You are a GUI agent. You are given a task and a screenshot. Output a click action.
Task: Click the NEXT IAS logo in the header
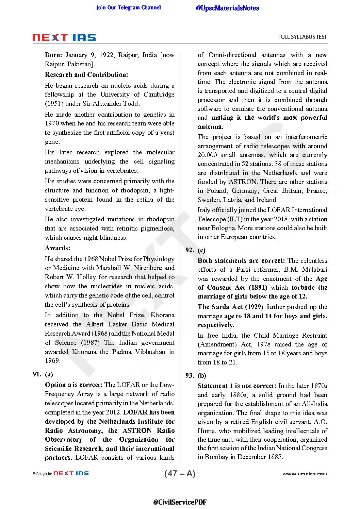pos(64,37)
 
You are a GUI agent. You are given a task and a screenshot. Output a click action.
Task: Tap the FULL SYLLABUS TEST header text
pos(302,37)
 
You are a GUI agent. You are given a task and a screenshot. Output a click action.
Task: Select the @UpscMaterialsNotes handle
pos(227,8)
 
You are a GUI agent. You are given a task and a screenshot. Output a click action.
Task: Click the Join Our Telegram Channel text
pos(129,7)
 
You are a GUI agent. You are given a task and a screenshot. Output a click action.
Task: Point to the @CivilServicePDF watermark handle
pos(180,502)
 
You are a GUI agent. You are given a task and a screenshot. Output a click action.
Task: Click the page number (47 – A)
pos(180,473)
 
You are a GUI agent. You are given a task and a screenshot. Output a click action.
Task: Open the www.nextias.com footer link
pos(305,474)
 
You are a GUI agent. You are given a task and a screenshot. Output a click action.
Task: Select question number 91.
pos(37,374)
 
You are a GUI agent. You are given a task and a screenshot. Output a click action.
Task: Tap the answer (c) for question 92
pos(201,250)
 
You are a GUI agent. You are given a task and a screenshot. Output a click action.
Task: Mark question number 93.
pos(190,375)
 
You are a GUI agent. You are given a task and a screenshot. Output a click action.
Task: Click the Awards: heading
pos(58,248)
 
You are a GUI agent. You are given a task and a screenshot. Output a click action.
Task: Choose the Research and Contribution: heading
pos(86,74)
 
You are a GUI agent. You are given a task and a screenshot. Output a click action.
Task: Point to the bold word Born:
pos(53,55)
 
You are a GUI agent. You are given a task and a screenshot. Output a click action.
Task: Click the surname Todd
pos(131,103)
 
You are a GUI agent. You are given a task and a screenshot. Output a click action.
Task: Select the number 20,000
pos(207,155)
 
